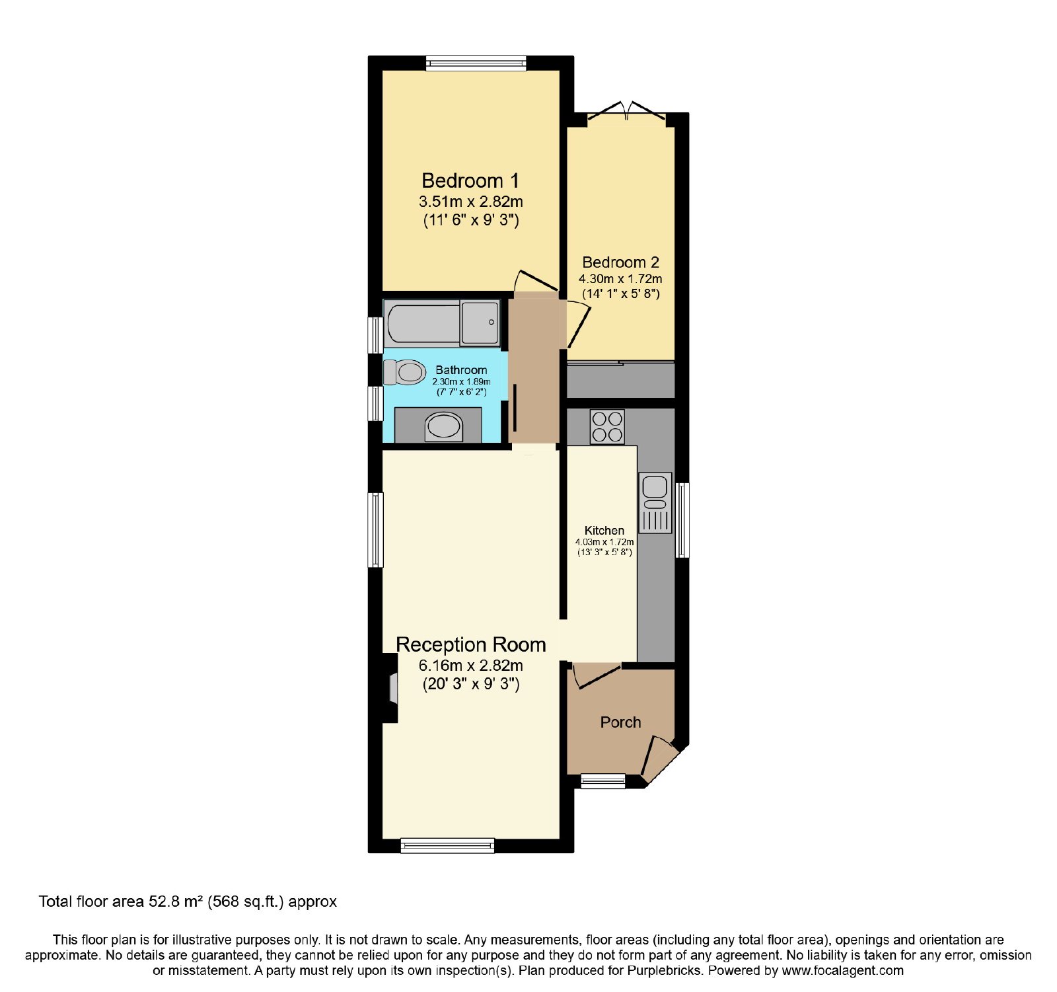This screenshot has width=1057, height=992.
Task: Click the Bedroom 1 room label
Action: pyautogui.click(x=470, y=180)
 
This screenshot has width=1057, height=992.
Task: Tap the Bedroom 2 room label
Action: pyautogui.click(x=620, y=262)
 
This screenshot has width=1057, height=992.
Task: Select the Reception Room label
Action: pyautogui.click(x=471, y=644)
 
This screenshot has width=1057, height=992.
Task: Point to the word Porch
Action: pyautogui.click(x=620, y=722)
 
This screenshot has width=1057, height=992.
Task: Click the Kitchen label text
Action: pyautogui.click(x=604, y=530)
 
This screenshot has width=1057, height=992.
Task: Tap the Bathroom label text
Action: pyautogui.click(x=461, y=370)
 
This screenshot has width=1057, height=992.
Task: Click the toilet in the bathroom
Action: pyautogui.click(x=404, y=372)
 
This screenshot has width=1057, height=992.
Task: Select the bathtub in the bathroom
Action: pyautogui.click(x=442, y=324)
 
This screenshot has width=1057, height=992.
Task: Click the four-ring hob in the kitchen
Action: pyautogui.click(x=607, y=426)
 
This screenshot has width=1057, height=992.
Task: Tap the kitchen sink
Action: pyautogui.click(x=655, y=502)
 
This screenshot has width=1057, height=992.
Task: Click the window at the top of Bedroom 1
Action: pyautogui.click(x=476, y=63)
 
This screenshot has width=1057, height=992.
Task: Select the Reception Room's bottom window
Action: pyautogui.click(x=447, y=845)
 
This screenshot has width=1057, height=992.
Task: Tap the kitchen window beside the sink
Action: pyautogui.click(x=682, y=520)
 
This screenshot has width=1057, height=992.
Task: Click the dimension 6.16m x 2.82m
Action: pyautogui.click(x=471, y=666)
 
